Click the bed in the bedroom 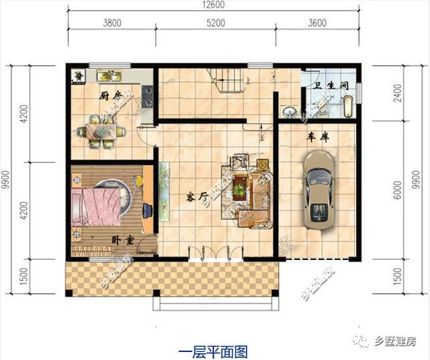pos(100,201)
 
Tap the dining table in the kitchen pos(101,130)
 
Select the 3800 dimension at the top pos(112,23)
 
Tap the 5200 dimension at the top pos(215,23)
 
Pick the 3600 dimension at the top pos(318,23)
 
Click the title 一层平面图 pos(214,350)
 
